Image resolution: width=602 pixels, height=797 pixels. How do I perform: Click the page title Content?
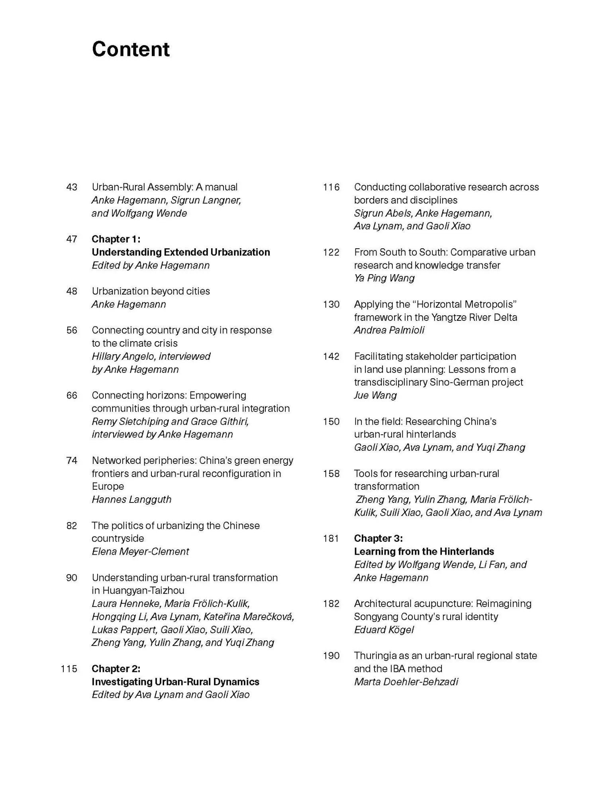[131, 49]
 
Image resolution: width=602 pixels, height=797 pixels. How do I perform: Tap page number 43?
[72, 187]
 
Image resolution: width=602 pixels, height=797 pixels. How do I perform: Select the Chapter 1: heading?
[116, 239]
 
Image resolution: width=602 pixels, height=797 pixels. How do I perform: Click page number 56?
[72, 330]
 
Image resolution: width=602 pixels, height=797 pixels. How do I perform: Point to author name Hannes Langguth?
[131, 499]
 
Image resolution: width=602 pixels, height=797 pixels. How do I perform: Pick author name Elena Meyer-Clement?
[140, 552]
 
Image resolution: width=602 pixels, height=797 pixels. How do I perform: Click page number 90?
[72, 577]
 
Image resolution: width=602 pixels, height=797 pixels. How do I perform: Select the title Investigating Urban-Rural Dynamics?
[175, 682]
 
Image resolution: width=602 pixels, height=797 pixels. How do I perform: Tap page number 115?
[69, 669]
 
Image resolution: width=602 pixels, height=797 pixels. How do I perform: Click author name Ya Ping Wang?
[384, 278]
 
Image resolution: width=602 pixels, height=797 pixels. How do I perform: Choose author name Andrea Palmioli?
[389, 330]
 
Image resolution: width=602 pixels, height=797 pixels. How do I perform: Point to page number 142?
[331, 356]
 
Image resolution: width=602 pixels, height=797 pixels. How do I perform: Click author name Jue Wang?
[375, 395]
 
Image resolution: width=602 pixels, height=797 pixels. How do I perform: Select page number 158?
[331, 473]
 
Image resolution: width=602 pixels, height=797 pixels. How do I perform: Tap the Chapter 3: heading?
[378, 538]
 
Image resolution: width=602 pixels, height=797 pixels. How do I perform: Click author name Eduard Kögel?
[384, 630]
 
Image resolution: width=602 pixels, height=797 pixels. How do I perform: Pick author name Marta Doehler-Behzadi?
[406, 682]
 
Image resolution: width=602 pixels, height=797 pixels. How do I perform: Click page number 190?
[331, 656]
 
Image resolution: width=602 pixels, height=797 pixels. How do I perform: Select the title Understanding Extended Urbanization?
[180, 252]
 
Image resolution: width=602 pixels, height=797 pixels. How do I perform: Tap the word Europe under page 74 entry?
[108, 486]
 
